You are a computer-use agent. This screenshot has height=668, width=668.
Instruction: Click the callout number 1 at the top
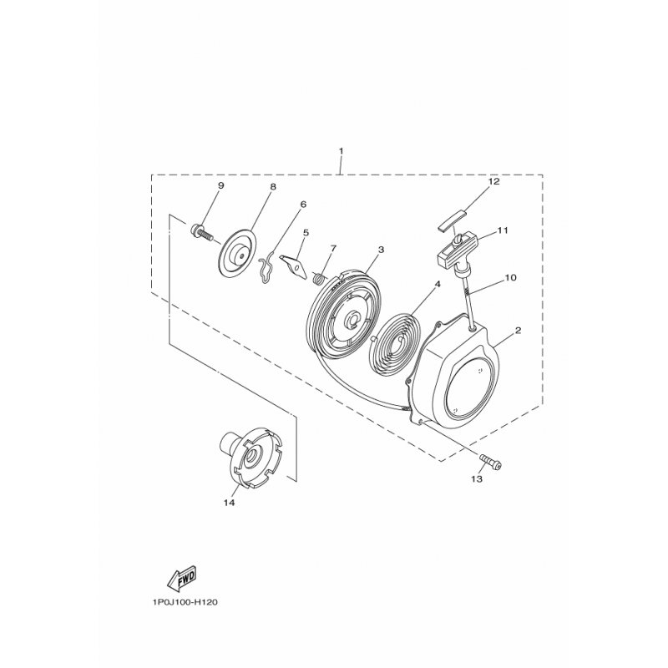341,151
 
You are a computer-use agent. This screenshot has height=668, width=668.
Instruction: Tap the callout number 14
229,503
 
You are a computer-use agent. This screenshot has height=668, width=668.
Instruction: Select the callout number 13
477,478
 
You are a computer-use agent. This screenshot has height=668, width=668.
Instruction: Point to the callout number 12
493,181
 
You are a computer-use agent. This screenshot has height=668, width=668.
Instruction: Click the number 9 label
220,185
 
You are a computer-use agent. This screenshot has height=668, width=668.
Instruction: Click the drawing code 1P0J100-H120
184,602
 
